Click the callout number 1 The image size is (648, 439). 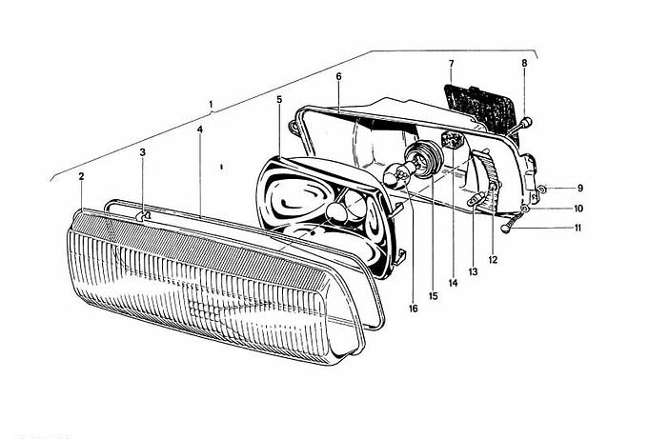pyautogui.click(x=211, y=104)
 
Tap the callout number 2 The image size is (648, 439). pyautogui.click(x=81, y=176)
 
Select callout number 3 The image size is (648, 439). pyautogui.click(x=143, y=152)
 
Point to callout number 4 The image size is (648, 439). pyautogui.click(x=200, y=130)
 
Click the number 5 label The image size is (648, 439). pyautogui.click(x=279, y=99)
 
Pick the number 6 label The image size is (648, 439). pyautogui.click(x=339, y=76)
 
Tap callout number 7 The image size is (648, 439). pyautogui.click(x=451, y=64)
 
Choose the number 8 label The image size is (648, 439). pyautogui.click(x=524, y=63)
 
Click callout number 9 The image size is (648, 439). pyautogui.click(x=580, y=188)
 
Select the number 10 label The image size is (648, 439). pyautogui.click(x=578, y=209)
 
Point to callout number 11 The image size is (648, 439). pyautogui.click(x=577, y=228)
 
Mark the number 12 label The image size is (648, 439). pyautogui.click(x=493, y=260)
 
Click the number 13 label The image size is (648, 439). pyautogui.click(x=473, y=271)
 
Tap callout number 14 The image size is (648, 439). pyautogui.click(x=453, y=283)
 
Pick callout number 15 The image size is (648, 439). pyautogui.click(x=433, y=296)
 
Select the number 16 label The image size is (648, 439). pyautogui.click(x=413, y=309)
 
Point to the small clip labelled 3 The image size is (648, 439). pyautogui.click(x=143, y=215)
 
